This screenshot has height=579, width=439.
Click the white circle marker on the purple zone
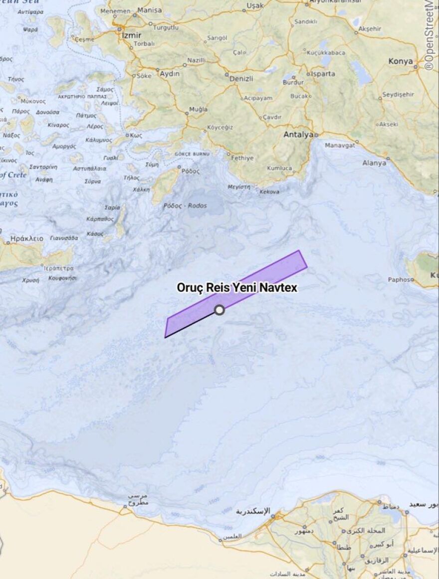pyautogui.click(x=219, y=310)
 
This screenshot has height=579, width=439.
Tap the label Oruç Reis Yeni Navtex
pyautogui.click(x=237, y=288)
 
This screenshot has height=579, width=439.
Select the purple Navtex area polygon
pyautogui.click(x=259, y=279)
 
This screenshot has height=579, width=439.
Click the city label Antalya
pyautogui.click(x=298, y=135)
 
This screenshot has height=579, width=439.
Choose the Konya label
pyautogui.click(x=400, y=61)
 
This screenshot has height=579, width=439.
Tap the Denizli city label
pyautogui.click(x=241, y=79)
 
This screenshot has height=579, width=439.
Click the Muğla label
pyautogui.click(x=198, y=109)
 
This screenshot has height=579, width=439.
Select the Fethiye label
pyautogui.click(x=242, y=158)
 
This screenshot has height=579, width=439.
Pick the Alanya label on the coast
pyautogui.click(x=374, y=163)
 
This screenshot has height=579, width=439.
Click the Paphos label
pyautogui.click(x=399, y=280)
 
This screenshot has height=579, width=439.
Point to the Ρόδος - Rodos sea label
pyautogui.click(x=185, y=205)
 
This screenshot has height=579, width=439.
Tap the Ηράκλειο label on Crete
pyautogui.click(x=27, y=239)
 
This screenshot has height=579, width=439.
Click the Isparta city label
pyautogui.click(x=323, y=74)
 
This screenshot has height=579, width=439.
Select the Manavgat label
pyautogui.click(x=340, y=145)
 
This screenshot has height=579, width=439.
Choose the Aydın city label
pyautogui.click(x=170, y=73)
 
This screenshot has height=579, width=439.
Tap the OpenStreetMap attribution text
pyautogui.click(x=430, y=35)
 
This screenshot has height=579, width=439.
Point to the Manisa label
pyautogui.click(x=150, y=10)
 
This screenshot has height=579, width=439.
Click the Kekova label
pyautogui.click(x=269, y=191)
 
